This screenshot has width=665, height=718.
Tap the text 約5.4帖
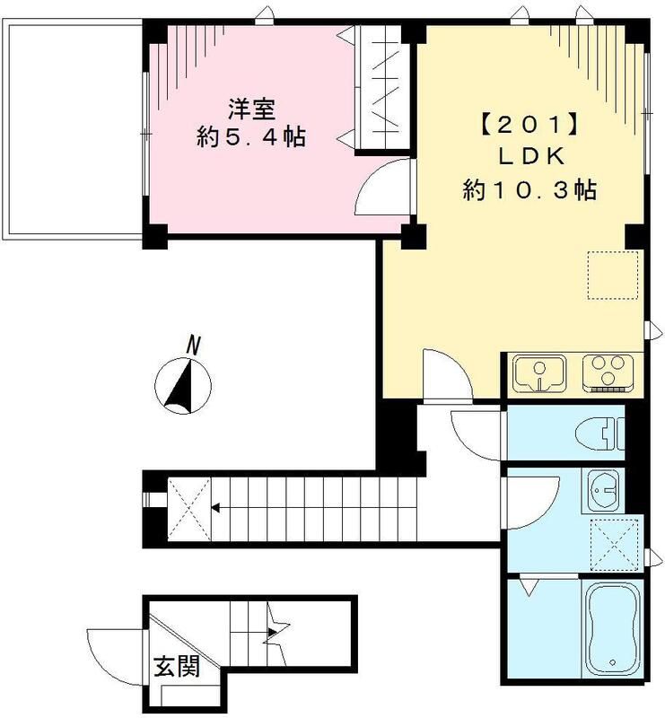(251, 137)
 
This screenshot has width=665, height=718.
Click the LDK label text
(529, 156)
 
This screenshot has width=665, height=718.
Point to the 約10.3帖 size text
(529, 189)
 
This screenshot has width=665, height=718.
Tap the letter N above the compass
(192, 344)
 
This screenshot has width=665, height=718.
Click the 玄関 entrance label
(175, 666)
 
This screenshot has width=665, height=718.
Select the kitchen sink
(540, 374)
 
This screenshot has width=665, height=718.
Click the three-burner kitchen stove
(608, 373)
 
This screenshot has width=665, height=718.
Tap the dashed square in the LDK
(612, 275)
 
